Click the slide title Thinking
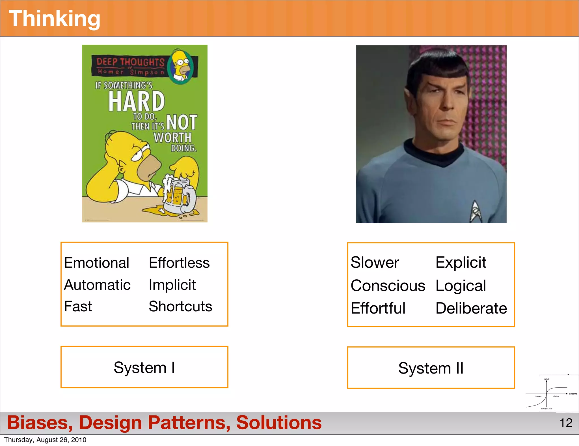coord(55,19)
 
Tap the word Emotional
coord(97,263)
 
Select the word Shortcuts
coord(180,306)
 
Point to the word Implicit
coord(172,285)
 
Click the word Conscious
coord(388,286)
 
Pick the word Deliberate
coord(471,308)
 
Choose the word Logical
coord(461,286)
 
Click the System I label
coord(144,368)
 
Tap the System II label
coord(431,368)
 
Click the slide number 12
coord(566,423)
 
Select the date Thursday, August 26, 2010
coord(45,440)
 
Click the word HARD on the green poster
coord(137,101)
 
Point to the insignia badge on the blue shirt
coord(476,211)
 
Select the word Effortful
coord(378,308)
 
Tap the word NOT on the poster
coord(182,122)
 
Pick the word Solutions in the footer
coord(279,423)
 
